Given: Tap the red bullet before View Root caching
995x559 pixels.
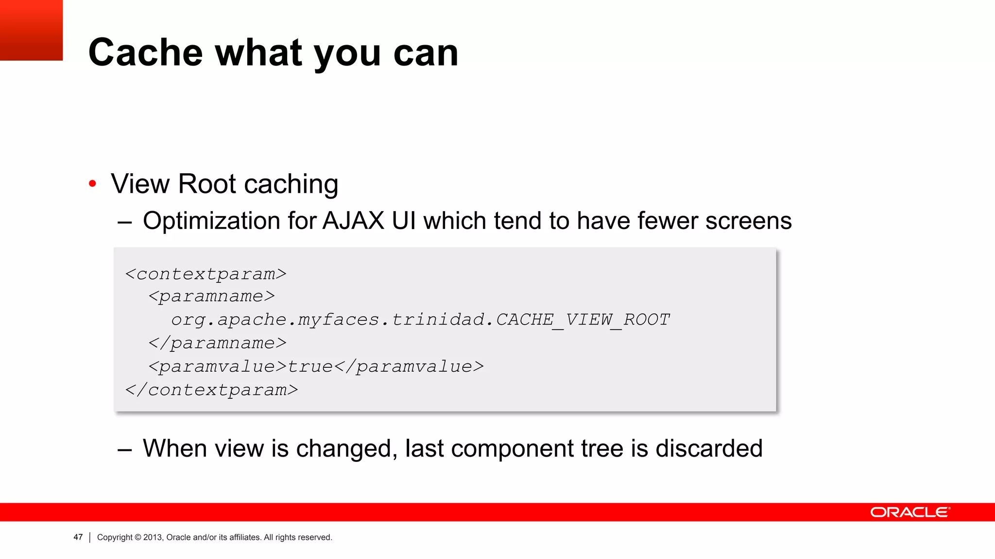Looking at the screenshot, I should point(92,184).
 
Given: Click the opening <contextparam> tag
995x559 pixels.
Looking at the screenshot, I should point(206,274).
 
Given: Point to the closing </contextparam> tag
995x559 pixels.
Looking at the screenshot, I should point(211,390).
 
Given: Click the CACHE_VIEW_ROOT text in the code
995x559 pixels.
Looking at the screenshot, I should point(583,319).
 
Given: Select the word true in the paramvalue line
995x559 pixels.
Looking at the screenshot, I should point(310,366).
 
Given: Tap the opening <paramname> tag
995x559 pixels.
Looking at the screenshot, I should point(211,296).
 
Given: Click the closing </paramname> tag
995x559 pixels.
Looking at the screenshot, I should point(217,343).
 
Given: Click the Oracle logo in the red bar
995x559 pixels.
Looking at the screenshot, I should point(910,512).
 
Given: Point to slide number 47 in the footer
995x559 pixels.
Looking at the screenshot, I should point(78,537).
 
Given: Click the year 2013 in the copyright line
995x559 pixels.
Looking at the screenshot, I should point(153,537).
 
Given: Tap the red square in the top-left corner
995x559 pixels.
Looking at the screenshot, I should point(31,30).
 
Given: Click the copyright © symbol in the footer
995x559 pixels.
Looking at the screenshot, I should point(137,537).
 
